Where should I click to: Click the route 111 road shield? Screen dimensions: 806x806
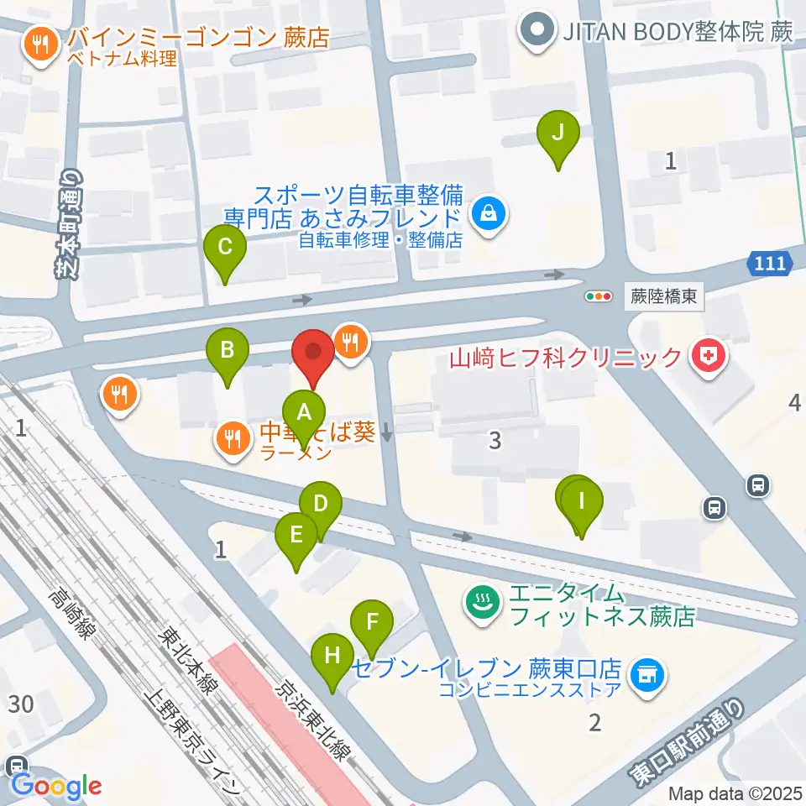[770, 264]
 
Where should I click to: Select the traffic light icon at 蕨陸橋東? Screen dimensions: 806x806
[599, 296]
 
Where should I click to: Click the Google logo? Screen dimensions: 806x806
[56, 787]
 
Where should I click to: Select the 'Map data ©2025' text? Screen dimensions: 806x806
[735, 792]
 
